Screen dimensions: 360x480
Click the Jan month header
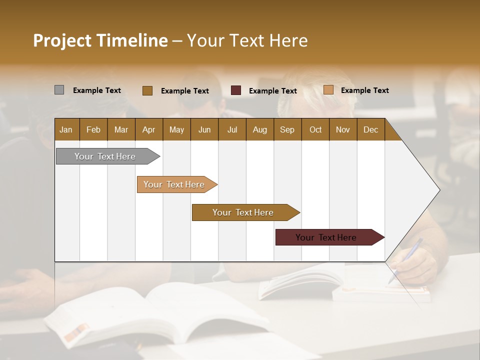[x=66, y=129]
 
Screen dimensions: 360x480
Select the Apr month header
[x=149, y=129]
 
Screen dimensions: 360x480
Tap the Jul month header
[x=232, y=129]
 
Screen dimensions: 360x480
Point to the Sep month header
[x=287, y=129]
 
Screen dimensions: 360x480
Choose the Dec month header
[x=370, y=129]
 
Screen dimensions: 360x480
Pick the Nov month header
[x=342, y=129]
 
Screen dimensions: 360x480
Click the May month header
[x=176, y=129]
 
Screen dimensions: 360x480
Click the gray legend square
[x=59, y=90]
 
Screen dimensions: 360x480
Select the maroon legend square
[x=236, y=90]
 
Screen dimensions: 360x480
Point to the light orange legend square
[x=328, y=90]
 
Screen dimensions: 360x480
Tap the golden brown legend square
[x=147, y=90]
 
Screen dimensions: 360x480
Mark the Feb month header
[x=93, y=129]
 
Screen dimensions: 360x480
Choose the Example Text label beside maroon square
[x=272, y=90]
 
